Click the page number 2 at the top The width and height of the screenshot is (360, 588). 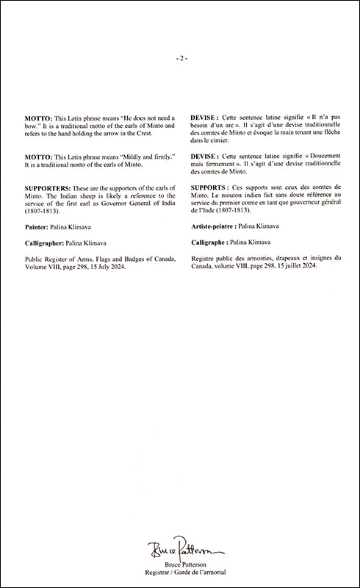click(180, 58)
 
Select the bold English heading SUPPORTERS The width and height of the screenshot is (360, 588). click(48, 189)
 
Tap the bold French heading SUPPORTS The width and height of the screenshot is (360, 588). click(211, 189)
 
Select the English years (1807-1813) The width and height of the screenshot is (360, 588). click(42, 213)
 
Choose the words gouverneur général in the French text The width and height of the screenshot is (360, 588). click(309, 205)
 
